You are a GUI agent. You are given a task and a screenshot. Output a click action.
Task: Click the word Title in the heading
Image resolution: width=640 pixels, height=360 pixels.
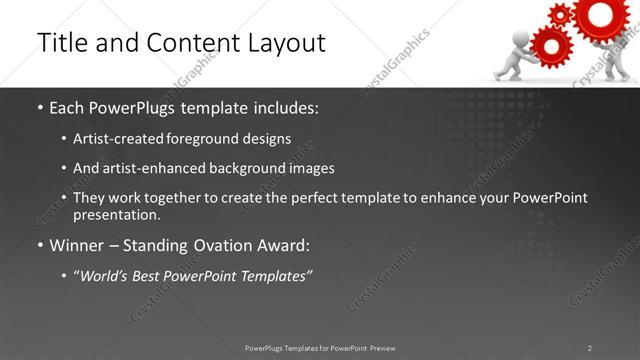point(62,43)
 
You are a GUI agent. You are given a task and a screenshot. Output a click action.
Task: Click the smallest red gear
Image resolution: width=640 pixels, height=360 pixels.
point(561,14)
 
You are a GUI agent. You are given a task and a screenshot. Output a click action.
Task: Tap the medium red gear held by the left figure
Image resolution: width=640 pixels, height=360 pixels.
point(548,43)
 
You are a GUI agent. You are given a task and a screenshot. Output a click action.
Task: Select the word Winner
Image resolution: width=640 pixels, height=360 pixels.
point(75,246)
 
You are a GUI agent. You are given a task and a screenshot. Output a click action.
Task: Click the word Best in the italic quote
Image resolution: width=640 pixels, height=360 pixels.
point(147,276)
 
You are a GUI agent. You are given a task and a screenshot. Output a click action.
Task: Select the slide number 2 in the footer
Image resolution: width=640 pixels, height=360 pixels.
point(590,348)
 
